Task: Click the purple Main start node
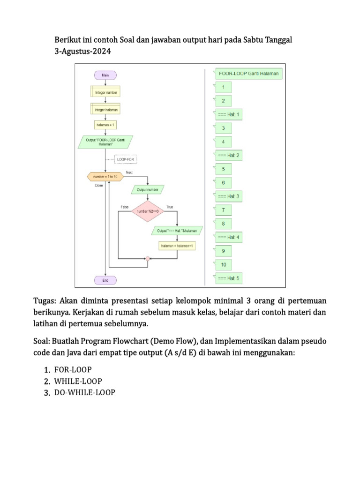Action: pyautogui.click(x=106, y=75)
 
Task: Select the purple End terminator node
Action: pyautogui.click(x=106, y=280)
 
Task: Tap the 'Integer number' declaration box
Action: pyautogui.click(x=106, y=92)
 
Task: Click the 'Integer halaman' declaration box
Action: pyautogui.click(x=106, y=109)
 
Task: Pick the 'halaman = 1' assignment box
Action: pyautogui.click(x=106, y=125)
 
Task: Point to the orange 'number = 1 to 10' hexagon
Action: pyautogui.click(x=105, y=176)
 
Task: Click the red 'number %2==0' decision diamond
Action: pyautogui.click(x=148, y=212)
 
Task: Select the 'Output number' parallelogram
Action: pyautogui.click(x=148, y=190)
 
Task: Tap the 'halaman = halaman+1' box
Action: pyautogui.click(x=177, y=246)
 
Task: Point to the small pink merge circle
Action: pyautogui.click(x=148, y=258)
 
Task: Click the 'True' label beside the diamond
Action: pyautogui.click(x=169, y=207)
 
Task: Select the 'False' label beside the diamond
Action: pyautogui.click(x=125, y=207)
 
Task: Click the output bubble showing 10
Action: pyautogui.click(x=224, y=265)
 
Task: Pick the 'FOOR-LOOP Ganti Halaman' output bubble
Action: pyautogui.click(x=249, y=74)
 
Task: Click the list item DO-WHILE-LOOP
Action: pyautogui.click(x=85, y=392)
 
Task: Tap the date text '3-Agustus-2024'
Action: pyautogui.click(x=83, y=52)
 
